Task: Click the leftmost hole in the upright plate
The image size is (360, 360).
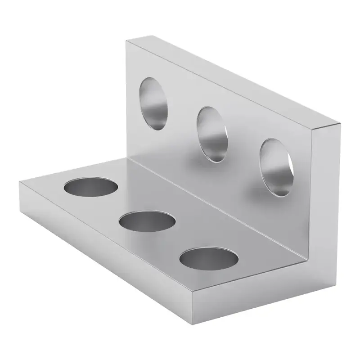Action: [154, 103]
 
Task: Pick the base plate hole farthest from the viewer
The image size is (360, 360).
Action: [91, 186]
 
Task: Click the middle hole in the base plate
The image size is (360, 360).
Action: [148, 221]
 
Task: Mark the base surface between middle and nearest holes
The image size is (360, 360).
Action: [180, 241]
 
